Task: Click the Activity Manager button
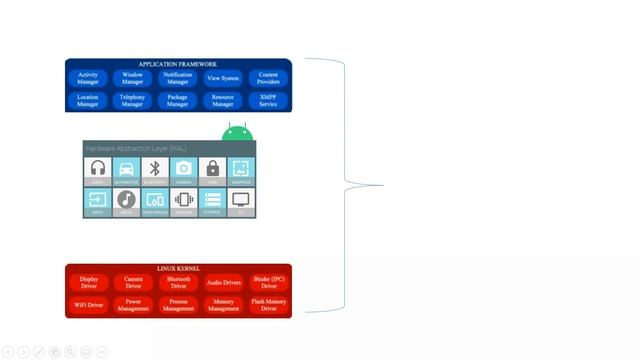pos(88,77)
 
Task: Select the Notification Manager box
pos(177,77)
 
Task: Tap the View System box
pos(223,77)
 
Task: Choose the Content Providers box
pos(268,77)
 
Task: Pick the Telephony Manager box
pos(132,100)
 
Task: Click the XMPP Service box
pos(268,100)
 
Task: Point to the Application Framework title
pos(178,64)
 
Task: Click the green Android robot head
pos(238,133)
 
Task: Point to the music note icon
pos(126,199)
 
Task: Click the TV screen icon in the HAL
pos(240,199)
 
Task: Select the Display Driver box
pos(89,283)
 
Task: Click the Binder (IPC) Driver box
pos(269,283)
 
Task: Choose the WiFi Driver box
pos(89,305)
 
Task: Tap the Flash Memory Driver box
pos(269,305)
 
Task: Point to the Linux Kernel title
pos(179,269)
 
